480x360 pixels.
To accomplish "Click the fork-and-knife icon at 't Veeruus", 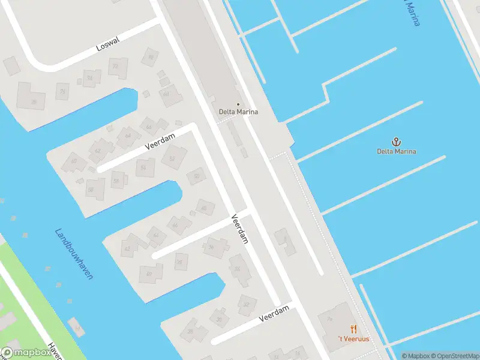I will pos(354,329).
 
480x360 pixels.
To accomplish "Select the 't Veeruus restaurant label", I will pos(354,339).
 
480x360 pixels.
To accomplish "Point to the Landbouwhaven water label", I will pos(74,254).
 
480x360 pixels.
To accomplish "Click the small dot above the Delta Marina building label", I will pos(238,104).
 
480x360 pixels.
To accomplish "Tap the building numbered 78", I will pos(34,102).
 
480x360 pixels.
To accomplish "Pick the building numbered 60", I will pos(74,161).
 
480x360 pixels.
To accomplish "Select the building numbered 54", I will pos(143,169).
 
